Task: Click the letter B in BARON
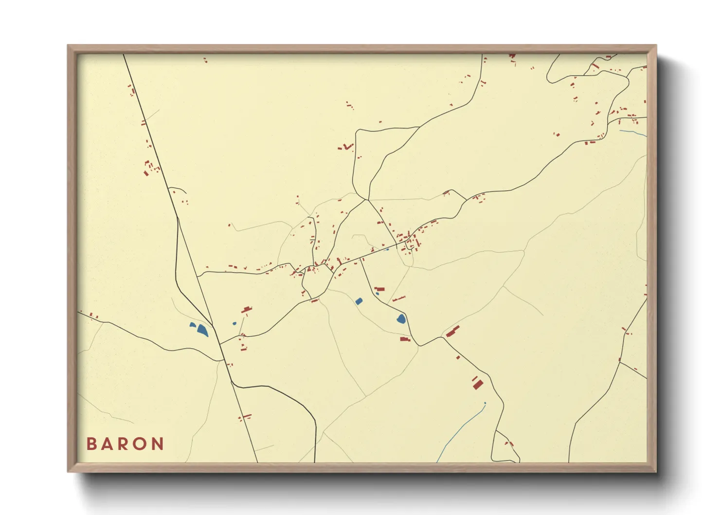pyautogui.click(x=91, y=444)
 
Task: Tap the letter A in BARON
pyautogui.click(x=108, y=444)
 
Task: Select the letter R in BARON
pyautogui.click(x=124, y=444)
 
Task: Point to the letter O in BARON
pyautogui.click(x=141, y=444)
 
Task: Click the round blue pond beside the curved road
pyautogui.click(x=401, y=319)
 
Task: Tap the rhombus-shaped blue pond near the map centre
pyautogui.click(x=359, y=301)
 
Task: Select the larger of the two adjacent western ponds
pyautogui.click(x=202, y=330)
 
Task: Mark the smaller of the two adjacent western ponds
pyautogui.click(x=193, y=325)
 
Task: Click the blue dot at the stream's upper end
pyautogui.click(x=485, y=403)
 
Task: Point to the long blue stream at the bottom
pyautogui.click(x=460, y=430)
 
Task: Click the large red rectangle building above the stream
pyautogui.click(x=478, y=385)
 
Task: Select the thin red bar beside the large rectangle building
pyautogui.click(x=474, y=378)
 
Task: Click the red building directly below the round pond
pyautogui.click(x=405, y=339)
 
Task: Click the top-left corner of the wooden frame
pyautogui.click(x=68, y=46)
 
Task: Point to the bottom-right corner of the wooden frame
pyautogui.click(x=656, y=471)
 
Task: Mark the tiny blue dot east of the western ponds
pyautogui.click(x=234, y=323)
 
